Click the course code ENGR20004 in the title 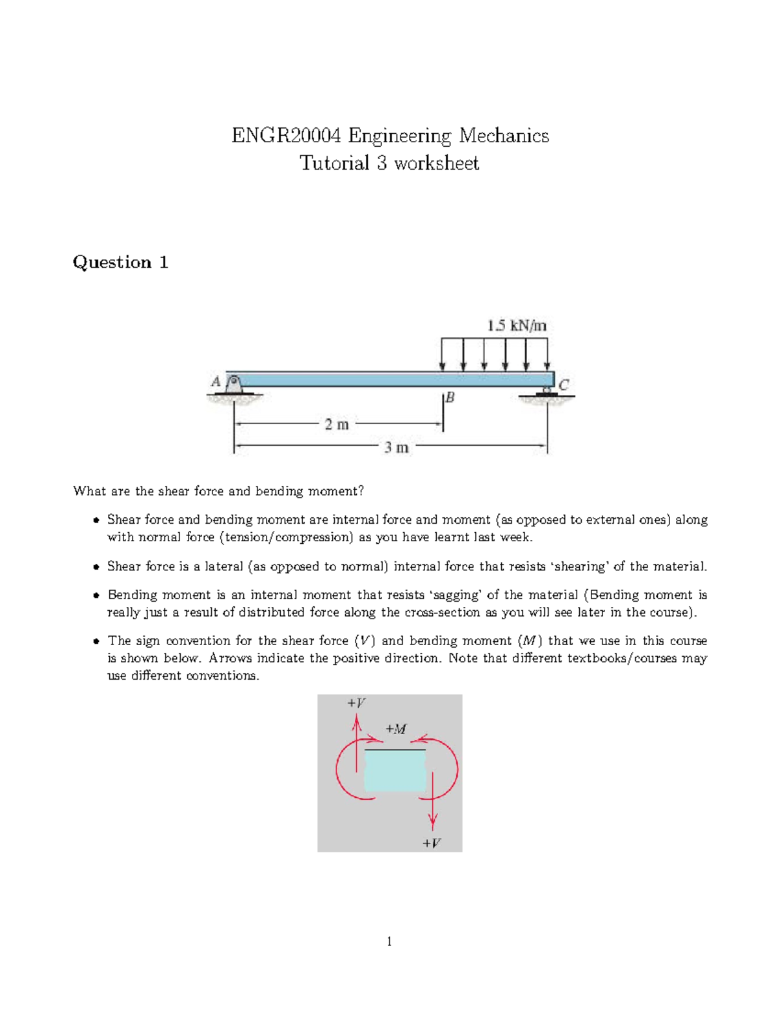[286, 136]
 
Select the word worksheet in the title [437, 163]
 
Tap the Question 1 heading [120, 262]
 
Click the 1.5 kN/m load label [517, 326]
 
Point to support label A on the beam [216, 381]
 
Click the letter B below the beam [450, 397]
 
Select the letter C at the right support [564, 385]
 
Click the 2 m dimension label [337, 424]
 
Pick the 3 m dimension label [396, 448]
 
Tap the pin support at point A [235, 385]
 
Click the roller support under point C [547, 391]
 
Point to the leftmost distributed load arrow [443, 354]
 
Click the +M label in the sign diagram [396, 729]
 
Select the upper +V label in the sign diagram [356, 703]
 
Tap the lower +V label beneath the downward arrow [432, 843]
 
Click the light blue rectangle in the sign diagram [395, 771]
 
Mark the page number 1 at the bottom [389, 941]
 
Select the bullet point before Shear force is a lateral [96, 567]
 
